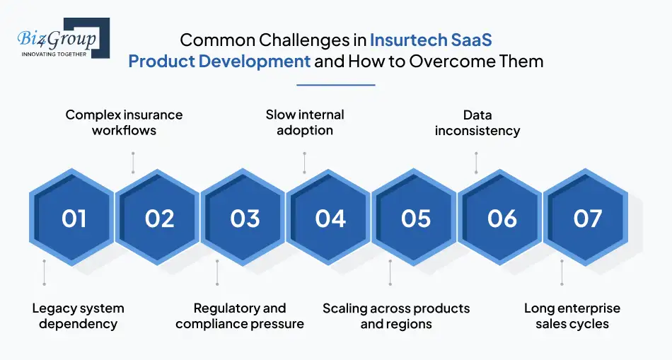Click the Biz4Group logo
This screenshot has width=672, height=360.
tap(64, 38)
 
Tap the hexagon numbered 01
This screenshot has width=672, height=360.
tap(72, 217)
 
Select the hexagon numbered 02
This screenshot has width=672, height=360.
tap(158, 217)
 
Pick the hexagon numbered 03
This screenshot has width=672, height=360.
tap(243, 217)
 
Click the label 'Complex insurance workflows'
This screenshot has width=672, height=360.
tap(124, 122)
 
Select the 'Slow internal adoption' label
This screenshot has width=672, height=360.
tap(305, 122)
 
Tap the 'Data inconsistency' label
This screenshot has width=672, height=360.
tap(477, 122)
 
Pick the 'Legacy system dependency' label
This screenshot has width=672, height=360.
tap(78, 316)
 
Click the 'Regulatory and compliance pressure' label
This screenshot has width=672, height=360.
tap(240, 316)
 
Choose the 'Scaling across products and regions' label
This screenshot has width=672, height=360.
tap(396, 316)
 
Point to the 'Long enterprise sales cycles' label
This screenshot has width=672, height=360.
tap(572, 316)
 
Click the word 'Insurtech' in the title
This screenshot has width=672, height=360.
tap(402, 40)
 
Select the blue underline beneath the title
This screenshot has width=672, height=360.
tap(336, 85)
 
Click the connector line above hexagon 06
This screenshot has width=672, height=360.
tap(476, 163)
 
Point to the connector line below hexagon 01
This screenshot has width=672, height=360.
tap(44, 272)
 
